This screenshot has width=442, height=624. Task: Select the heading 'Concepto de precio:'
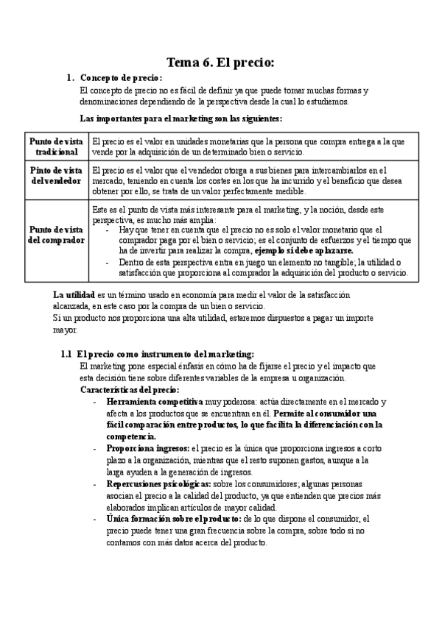coord(121,79)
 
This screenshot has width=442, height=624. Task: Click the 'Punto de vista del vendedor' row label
coord(56,176)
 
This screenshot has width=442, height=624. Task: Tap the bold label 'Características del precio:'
coord(129,389)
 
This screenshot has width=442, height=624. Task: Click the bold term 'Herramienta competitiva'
coord(155,403)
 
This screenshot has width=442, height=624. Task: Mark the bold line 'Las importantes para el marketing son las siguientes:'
coord(180,118)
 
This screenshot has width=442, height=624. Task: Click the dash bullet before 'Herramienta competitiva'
coord(95,403)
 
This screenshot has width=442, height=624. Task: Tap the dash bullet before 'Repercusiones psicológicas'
coord(95,484)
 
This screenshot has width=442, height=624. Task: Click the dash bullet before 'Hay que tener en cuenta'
coord(109,229)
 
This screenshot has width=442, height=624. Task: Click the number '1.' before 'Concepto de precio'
coord(70,79)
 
